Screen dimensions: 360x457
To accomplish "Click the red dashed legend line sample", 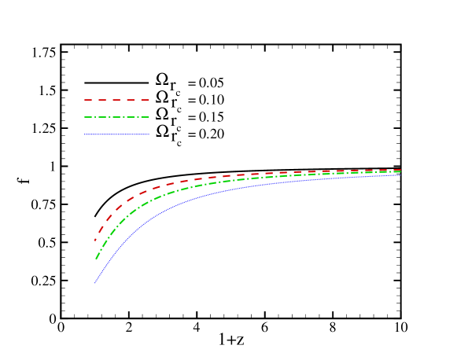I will [x=116, y=101].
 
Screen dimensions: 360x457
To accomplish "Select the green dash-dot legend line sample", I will [x=116, y=117].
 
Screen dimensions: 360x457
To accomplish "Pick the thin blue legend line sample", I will [x=116, y=134].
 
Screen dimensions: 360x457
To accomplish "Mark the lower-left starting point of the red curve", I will [x=95, y=240].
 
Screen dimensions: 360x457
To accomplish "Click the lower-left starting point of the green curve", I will [x=96, y=259].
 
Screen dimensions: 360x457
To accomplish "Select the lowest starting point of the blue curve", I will [x=95, y=282].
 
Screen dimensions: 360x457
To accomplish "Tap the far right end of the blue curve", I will [x=400, y=174].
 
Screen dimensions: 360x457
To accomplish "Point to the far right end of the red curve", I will [x=400, y=170].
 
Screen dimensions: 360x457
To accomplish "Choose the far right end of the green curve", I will [x=400, y=171].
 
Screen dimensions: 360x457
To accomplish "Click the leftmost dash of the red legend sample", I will [x=88, y=101].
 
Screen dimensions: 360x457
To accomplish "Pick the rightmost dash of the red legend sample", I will [x=145, y=101].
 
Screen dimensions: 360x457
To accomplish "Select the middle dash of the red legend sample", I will [x=116, y=101].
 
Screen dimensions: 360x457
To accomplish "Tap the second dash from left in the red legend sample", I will [x=102, y=101].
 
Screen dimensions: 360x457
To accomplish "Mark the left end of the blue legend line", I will [x=85, y=134].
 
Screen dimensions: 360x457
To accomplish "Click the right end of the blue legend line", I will [x=149, y=134].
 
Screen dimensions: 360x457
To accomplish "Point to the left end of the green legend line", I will [x=85, y=117].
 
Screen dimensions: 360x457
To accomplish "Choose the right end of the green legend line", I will [x=149, y=117].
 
